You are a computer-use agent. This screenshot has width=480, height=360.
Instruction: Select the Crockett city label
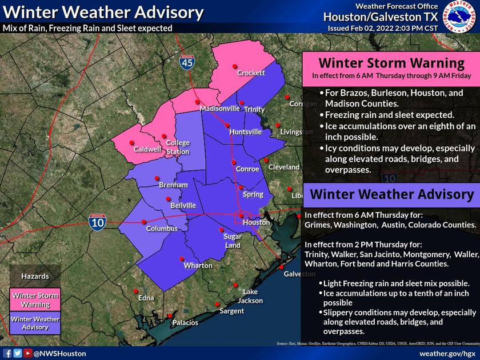tap(251, 73)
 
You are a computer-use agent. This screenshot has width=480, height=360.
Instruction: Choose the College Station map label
tap(178, 148)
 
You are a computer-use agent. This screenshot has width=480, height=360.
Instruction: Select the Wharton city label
tap(198, 266)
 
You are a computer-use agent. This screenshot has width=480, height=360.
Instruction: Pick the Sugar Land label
tap(233, 241)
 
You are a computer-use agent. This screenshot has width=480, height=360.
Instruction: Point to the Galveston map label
tap(300, 274)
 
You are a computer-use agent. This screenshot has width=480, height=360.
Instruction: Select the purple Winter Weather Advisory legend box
tap(35, 323)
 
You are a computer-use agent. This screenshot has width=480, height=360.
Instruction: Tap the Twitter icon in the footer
tap(18, 354)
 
